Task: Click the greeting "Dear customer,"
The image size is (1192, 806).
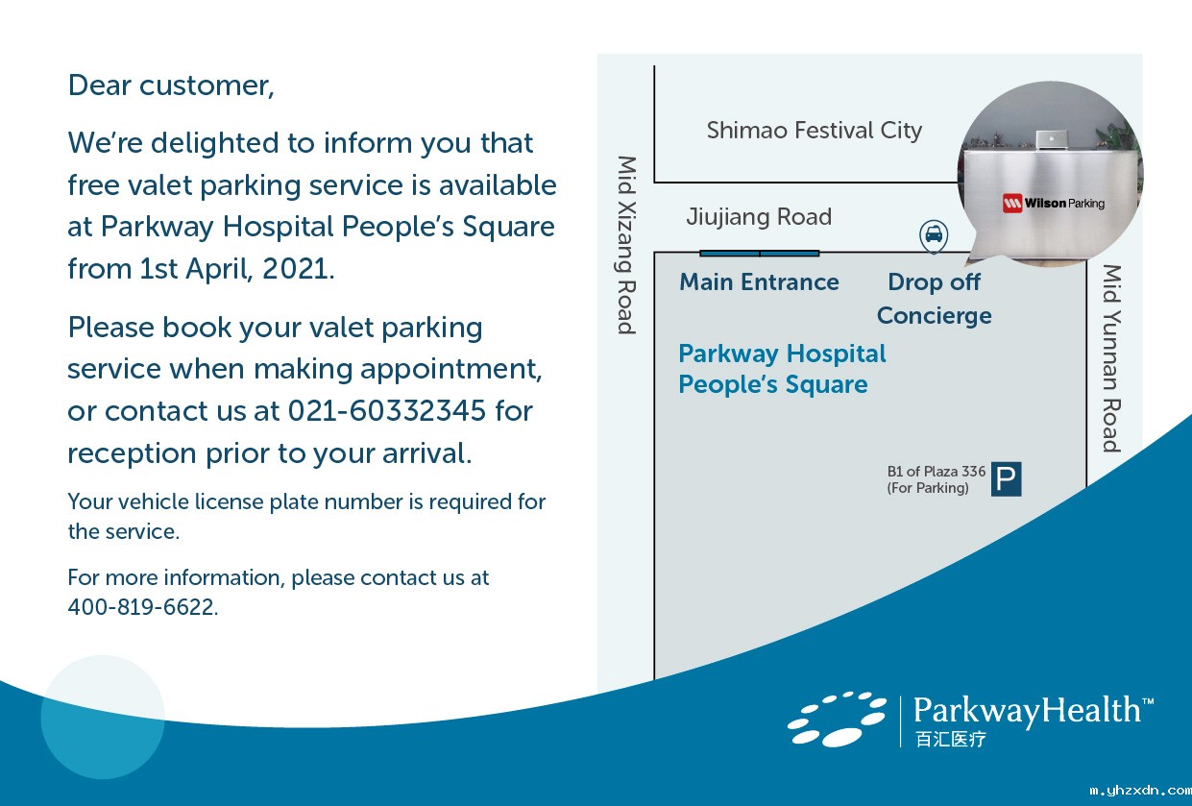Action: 171,85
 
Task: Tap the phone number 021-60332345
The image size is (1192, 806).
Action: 387,410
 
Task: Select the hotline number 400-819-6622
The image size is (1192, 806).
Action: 142,607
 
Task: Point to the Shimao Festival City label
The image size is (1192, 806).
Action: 815,131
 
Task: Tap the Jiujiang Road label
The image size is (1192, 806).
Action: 759,217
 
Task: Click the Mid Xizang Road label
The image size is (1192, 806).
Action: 627,245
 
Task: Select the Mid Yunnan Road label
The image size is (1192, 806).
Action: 1111,358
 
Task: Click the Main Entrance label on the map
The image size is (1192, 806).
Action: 760,281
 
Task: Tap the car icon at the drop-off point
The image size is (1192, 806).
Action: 934,235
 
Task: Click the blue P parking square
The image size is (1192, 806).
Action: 1006,479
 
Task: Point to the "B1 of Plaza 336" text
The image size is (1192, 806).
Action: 937,471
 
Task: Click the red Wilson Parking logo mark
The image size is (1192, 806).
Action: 1012,203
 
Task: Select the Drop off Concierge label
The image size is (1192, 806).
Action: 935,299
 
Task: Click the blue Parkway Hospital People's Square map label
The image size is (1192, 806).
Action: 782,369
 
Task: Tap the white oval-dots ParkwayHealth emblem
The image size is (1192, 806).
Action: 837,720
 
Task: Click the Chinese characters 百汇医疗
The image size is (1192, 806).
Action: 950,739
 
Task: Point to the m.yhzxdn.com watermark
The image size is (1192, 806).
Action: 1139,791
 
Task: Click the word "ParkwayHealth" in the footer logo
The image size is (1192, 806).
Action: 1027,711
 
